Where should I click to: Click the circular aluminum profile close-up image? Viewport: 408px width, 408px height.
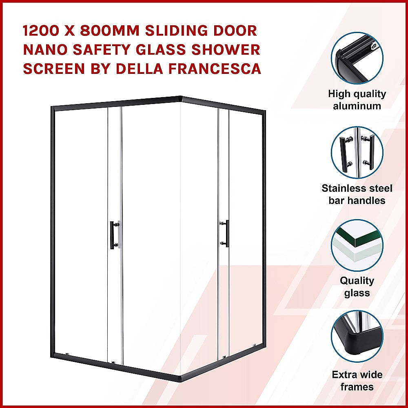click(x=357, y=57)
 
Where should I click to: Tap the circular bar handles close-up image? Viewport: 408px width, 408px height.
click(x=357, y=152)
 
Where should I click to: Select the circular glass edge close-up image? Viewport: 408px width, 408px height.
click(x=357, y=245)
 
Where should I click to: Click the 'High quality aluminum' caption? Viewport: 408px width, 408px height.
click(x=357, y=100)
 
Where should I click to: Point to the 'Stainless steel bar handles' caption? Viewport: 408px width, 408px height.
click(x=357, y=194)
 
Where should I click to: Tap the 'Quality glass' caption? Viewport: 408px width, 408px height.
click(x=357, y=287)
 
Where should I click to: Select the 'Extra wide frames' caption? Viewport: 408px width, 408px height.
click(x=357, y=381)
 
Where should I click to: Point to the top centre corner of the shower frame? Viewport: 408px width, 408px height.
click(x=181, y=99)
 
